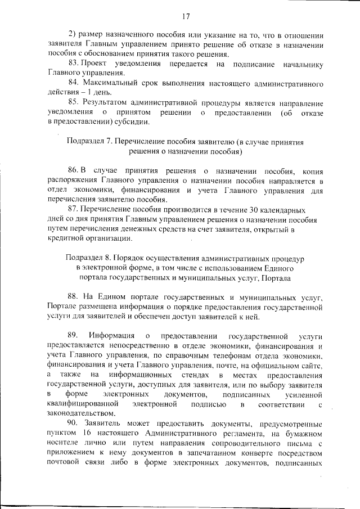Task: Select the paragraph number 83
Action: [74, 64]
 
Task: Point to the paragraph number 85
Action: [74, 102]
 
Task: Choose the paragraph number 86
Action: [74, 170]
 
